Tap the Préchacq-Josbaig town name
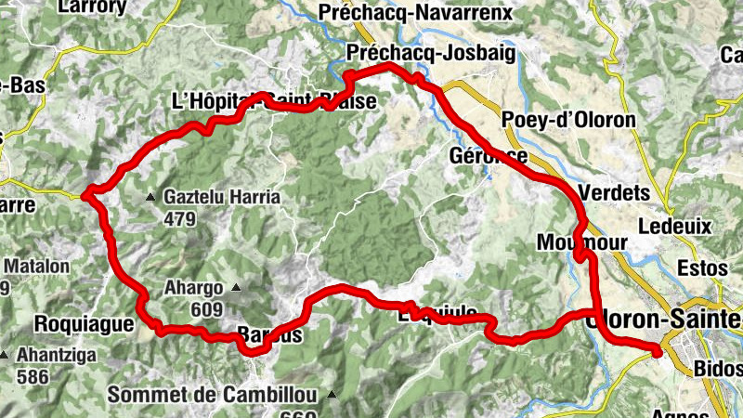pyautogui.click(x=429, y=53)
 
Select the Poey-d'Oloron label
pyautogui.click(x=567, y=121)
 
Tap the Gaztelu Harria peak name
pyautogui.click(x=222, y=198)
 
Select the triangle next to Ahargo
pyautogui.click(x=235, y=287)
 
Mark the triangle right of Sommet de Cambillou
pyautogui.click(x=332, y=396)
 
